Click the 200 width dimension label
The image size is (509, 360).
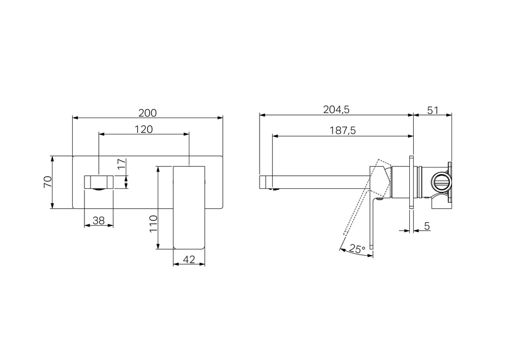(x=148, y=113)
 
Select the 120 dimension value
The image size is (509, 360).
(x=144, y=129)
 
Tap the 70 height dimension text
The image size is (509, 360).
(x=47, y=182)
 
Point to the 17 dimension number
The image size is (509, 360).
(x=121, y=164)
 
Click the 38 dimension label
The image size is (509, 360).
(x=99, y=221)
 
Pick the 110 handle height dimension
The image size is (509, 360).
(x=153, y=224)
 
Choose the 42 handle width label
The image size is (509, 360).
(x=189, y=260)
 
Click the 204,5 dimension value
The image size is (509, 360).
(x=336, y=109)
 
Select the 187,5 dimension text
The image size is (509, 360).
(x=343, y=130)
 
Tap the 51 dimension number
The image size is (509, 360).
(x=433, y=110)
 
